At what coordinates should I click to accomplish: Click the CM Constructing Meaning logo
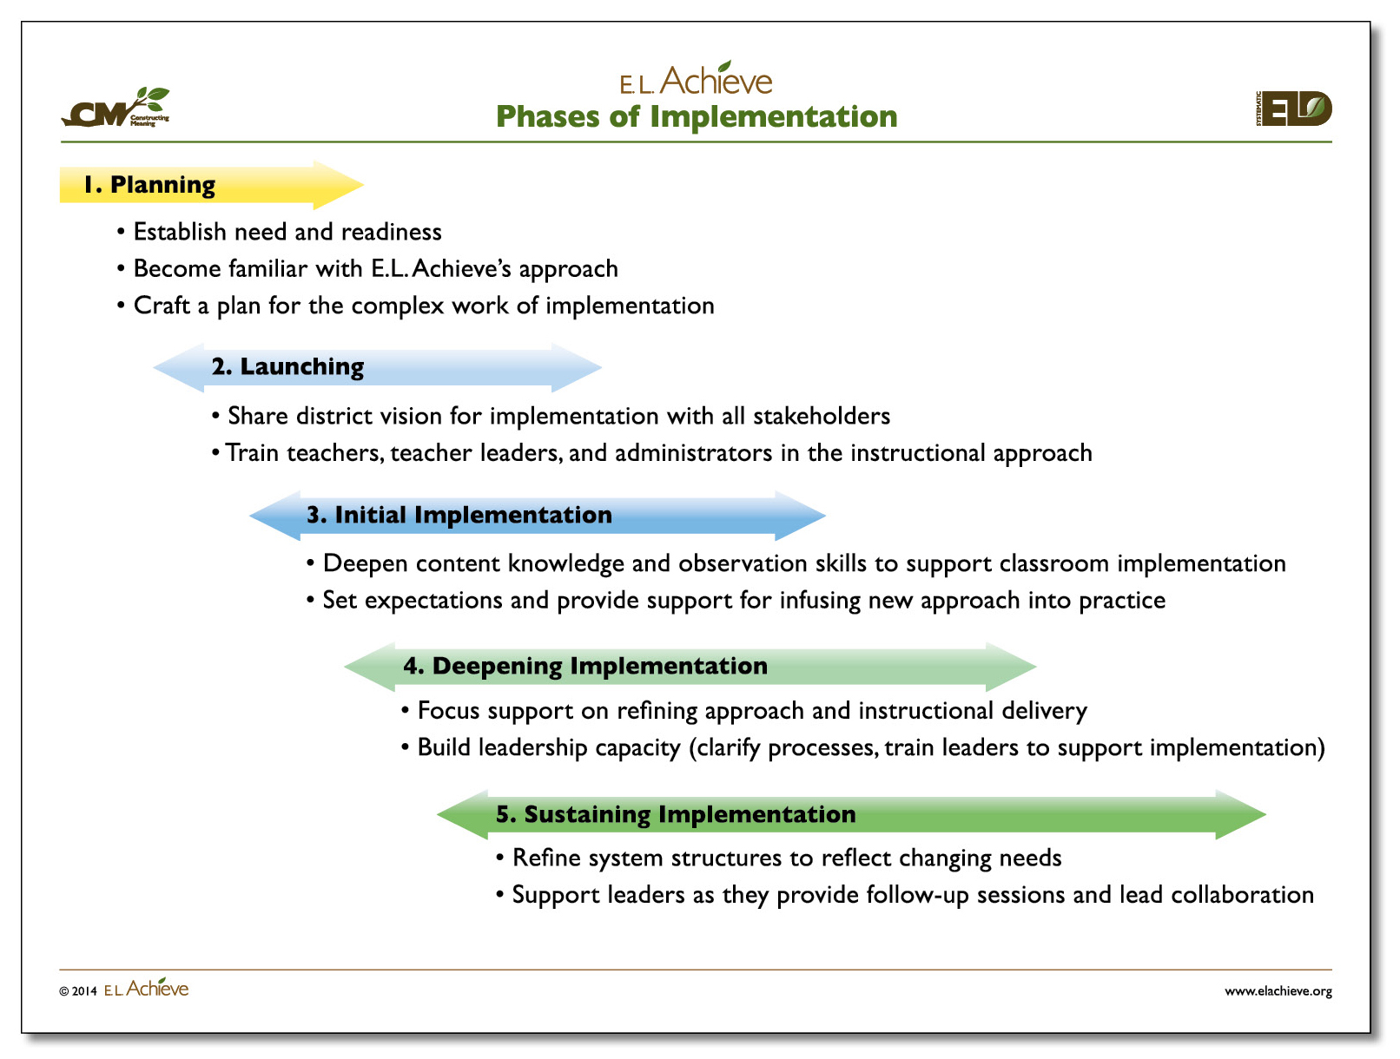(116, 107)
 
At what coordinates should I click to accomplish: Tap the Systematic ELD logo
(1293, 109)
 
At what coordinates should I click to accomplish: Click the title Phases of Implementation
(697, 116)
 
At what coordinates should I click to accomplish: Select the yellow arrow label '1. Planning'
(149, 185)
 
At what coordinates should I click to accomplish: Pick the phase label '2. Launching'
(287, 367)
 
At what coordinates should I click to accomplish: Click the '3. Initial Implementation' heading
(459, 515)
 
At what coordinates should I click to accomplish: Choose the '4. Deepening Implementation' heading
(585, 667)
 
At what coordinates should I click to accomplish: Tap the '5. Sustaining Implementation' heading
(676, 814)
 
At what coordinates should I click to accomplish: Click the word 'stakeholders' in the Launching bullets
(822, 416)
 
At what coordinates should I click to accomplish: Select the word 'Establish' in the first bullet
(180, 232)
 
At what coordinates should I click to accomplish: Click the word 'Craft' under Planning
(162, 306)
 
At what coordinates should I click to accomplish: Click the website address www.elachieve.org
(1278, 991)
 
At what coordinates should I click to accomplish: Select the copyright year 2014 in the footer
(84, 991)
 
